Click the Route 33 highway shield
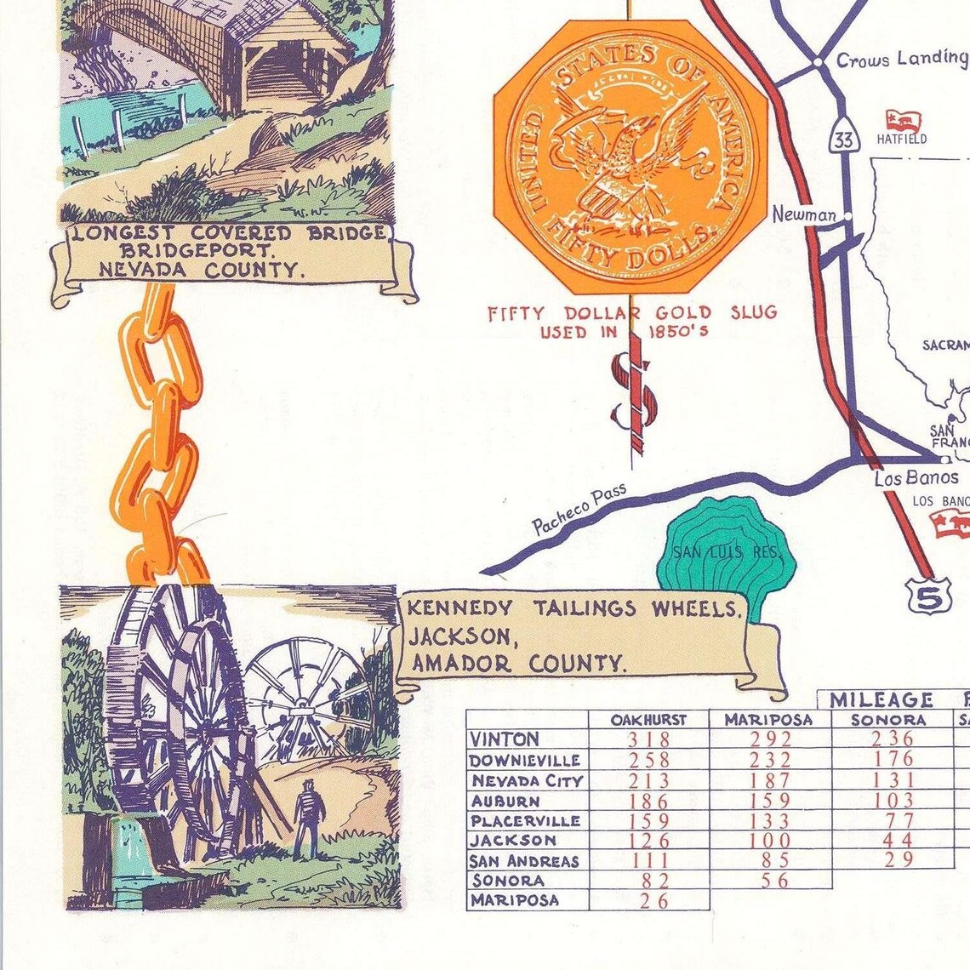click(x=844, y=140)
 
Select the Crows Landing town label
click(x=901, y=59)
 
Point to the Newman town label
click(x=803, y=215)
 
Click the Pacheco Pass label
click(x=579, y=509)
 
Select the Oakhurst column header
click(x=648, y=720)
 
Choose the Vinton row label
click(x=505, y=739)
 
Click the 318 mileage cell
click(x=648, y=739)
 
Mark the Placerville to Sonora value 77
click(x=893, y=820)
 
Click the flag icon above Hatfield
click(x=904, y=120)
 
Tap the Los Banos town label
click(x=916, y=478)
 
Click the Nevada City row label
click(x=527, y=780)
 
